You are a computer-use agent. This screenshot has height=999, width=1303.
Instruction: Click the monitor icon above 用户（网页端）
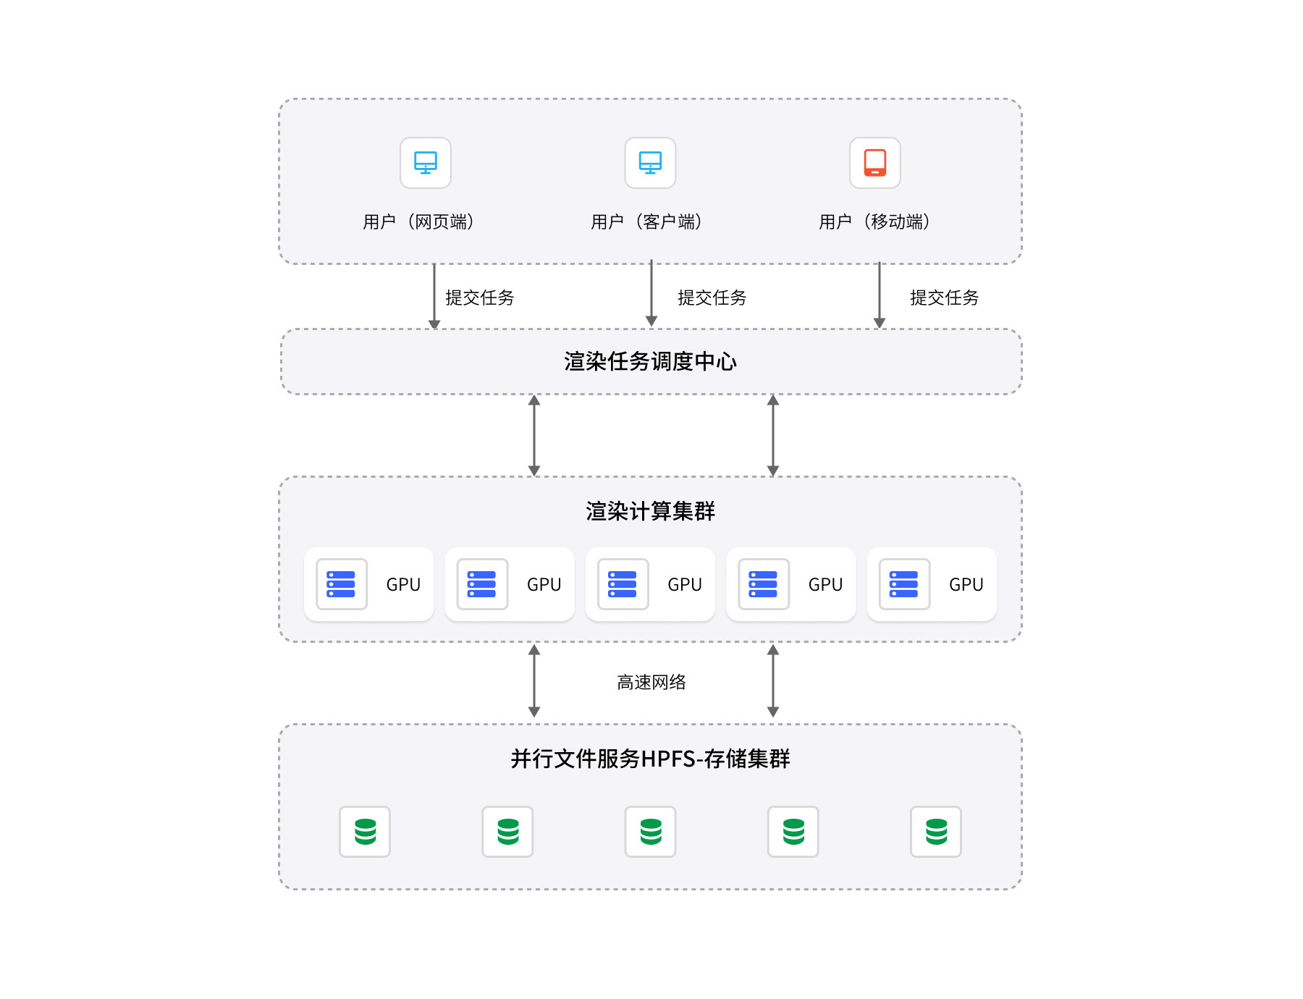(x=426, y=163)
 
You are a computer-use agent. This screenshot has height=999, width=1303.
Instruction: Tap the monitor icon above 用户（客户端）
(x=650, y=163)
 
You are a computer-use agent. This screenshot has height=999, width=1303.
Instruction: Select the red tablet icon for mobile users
(x=874, y=163)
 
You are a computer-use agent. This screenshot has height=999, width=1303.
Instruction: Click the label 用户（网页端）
(x=418, y=222)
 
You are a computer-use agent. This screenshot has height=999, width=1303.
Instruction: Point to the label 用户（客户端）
(x=646, y=222)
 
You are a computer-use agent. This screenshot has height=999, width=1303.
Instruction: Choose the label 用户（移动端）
(x=874, y=222)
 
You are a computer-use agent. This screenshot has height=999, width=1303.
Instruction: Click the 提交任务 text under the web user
(x=479, y=298)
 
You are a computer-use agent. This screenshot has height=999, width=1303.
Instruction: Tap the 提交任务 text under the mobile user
(x=944, y=298)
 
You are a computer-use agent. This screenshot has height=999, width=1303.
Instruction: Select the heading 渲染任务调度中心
(x=650, y=361)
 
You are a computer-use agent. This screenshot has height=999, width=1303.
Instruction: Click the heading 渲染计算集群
(x=650, y=511)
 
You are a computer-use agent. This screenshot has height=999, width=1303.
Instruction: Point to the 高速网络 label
(x=651, y=682)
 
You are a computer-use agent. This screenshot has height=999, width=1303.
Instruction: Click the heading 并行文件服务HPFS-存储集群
(x=650, y=759)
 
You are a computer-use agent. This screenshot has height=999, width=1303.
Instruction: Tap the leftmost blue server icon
(x=341, y=584)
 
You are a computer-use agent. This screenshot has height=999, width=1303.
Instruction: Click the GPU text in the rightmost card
(x=966, y=584)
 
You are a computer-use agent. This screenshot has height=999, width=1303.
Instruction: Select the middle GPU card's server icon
(x=623, y=584)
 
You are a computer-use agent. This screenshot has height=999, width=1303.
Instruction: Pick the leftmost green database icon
(x=365, y=832)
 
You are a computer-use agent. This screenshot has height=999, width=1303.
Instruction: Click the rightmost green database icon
(x=936, y=832)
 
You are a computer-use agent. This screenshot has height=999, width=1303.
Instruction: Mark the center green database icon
(x=650, y=832)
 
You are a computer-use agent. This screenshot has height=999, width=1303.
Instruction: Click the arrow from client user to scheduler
(x=651, y=293)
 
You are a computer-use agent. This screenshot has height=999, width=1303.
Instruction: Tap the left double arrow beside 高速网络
(x=534, y=680)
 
